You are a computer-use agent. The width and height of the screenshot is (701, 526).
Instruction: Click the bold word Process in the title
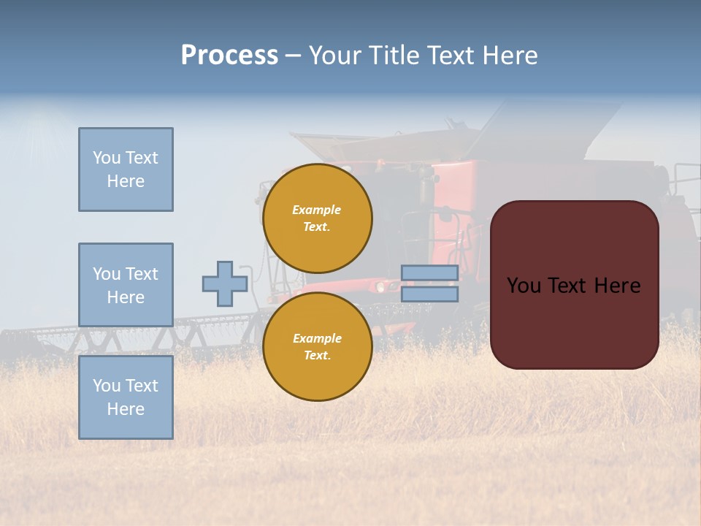(229, 56)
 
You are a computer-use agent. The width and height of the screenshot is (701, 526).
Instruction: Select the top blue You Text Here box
(126, 169)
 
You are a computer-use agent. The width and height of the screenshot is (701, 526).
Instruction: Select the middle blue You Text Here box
(126, 285)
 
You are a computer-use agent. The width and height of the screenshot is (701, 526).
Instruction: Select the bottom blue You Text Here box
(126, 397)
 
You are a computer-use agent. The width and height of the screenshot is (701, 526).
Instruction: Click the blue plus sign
(224, 283)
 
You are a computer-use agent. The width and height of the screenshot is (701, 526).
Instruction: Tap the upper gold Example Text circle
(317, 218)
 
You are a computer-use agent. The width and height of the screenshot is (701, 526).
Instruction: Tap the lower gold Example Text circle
(317, 347)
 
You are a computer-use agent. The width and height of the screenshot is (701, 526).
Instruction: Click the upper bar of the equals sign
(429, 272)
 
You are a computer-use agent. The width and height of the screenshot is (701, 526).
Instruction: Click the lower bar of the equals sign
(429, 294)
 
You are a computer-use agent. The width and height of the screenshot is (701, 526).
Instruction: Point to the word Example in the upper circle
(317, 210)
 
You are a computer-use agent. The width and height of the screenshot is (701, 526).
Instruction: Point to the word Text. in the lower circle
(317, 356)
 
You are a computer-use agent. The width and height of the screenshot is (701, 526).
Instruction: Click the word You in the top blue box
(106, 158)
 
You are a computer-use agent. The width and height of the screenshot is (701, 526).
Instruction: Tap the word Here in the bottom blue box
(126, 409)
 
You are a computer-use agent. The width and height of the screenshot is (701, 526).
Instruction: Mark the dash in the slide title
(293, 56)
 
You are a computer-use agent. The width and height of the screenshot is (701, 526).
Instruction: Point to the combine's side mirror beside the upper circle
(446, 215)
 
